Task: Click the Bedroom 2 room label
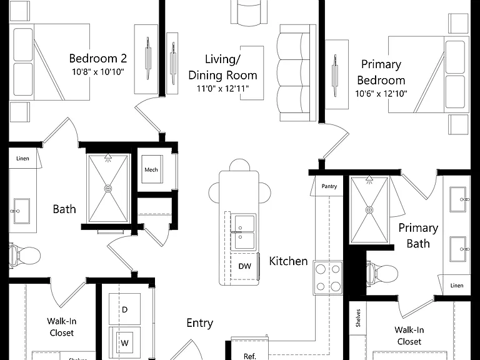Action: [x=98, y=58]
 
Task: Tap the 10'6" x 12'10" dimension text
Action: [x=381, y=93]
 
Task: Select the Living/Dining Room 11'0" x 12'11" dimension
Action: [x=222, y=89]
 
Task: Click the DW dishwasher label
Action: [x=244, y=266]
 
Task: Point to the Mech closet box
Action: [x=152, y=169]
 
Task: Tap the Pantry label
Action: [x=329, y=186]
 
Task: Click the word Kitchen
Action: [x=288, y=261]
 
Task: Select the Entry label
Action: [x=200, y=323]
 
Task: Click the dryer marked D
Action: [x=124, y=309]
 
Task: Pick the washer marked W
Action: [x=124, y=343]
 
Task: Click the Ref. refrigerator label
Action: [x=250, y=356]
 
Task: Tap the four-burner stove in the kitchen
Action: [x=328, y=278]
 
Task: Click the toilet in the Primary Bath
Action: [x=382, y=272]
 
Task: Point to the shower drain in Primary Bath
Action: [x=369, y=210]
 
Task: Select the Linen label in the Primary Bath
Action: [x=457, y=285]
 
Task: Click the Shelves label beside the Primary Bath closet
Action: [x=358, y=318]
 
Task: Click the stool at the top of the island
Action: [x=239, y=165]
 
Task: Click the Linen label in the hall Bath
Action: [x=22, y=158]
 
